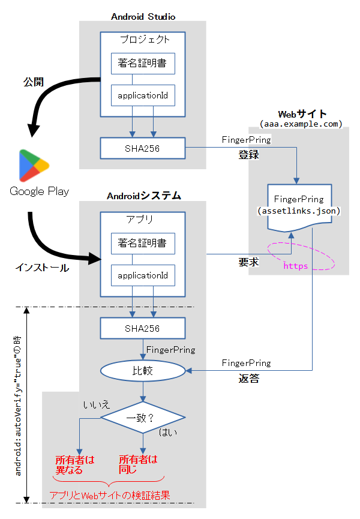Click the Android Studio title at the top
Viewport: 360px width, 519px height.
pyautogui.click(x=143, y=16)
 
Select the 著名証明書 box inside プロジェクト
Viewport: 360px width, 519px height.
pyautogui.click(x=143, y=64)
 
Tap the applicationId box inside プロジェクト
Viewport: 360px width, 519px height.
pyautogui.click(x=143, y=95)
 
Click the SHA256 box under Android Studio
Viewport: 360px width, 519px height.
pyautogui.click(x=143, y=147)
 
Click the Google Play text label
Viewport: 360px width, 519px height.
pyautogui.click(x=39, y=191)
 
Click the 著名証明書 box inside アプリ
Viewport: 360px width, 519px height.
pyautogui.click(x=143, y=244)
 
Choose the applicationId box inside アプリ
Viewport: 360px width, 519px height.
pyautogui.click(x=143, y=275)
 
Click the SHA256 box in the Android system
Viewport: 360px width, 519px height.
pyautogui.click(x=143, y=328)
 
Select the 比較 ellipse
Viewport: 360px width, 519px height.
pyautogui.click(x=143, y=371)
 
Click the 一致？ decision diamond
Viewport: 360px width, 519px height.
pyautogui.click(x=143, y=418)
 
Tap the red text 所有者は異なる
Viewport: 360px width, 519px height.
pyautogui.click(x=75, y=464)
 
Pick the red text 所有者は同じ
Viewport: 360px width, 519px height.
pyautogui.click(x=138, y=464)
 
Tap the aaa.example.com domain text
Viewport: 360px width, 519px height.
pyautogui.click(x=301, y=123)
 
